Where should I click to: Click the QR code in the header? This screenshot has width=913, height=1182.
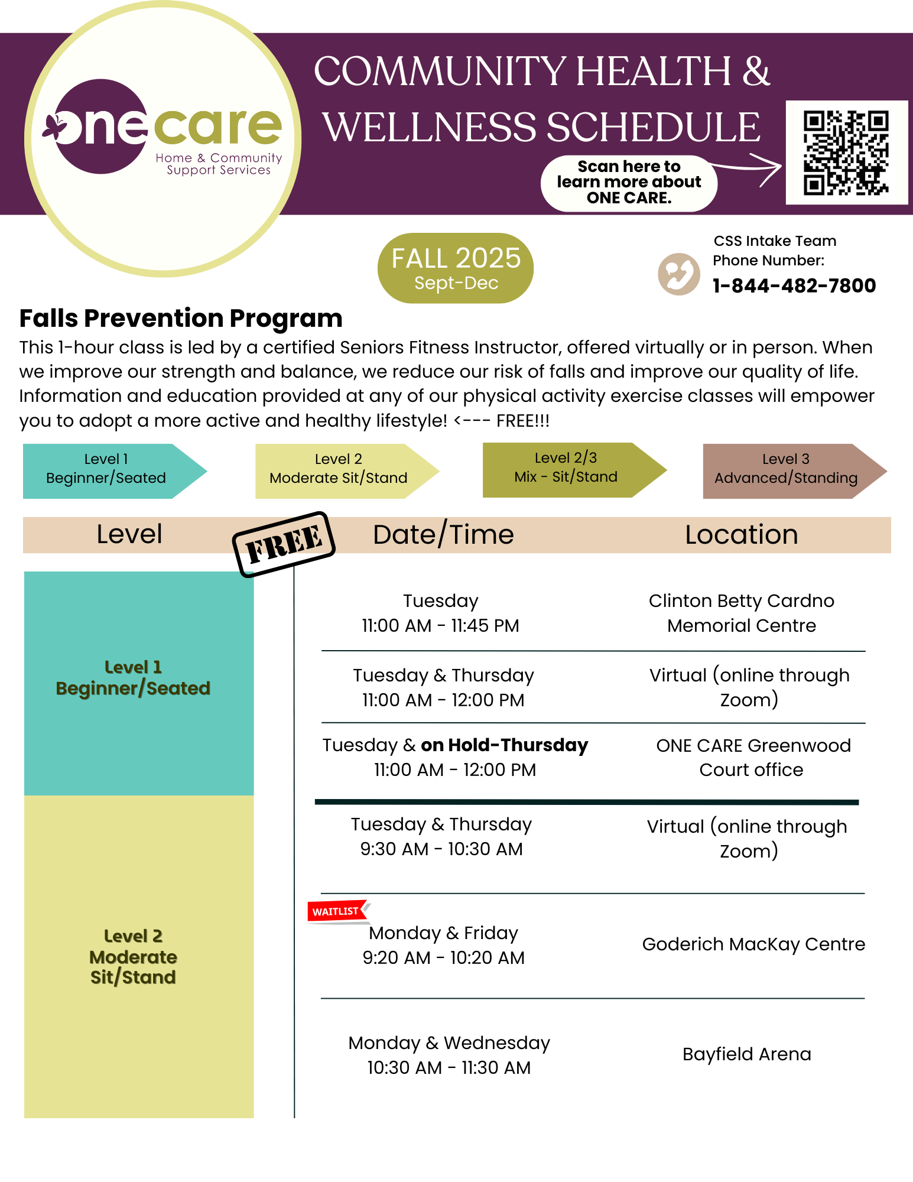tap(846, 152)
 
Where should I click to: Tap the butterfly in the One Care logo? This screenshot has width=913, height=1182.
tap(54, 127)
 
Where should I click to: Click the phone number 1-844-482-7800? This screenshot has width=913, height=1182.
tap(794, 286)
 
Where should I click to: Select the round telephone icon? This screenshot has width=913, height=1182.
tap(678, 274)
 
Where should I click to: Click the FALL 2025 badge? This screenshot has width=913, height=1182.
tap(456, 268)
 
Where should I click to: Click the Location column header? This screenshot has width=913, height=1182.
tap(741, 535)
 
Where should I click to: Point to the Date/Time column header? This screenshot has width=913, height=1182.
tap(443, 535)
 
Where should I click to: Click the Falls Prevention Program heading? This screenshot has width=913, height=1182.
tap(181, 319)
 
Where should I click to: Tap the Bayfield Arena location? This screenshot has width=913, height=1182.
tap(746, 1054)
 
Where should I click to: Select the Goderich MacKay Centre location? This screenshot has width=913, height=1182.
tap(753, 944)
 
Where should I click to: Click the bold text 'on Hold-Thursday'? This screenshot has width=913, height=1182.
tap(504, 745)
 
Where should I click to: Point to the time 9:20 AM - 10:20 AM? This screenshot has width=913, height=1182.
tap(443, 958)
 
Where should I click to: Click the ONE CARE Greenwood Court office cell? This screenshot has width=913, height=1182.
tap(753, 758)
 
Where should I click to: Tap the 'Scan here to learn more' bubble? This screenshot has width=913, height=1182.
tap(629, 183)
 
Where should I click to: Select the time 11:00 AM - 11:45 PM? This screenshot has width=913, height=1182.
tap(440, 626)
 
